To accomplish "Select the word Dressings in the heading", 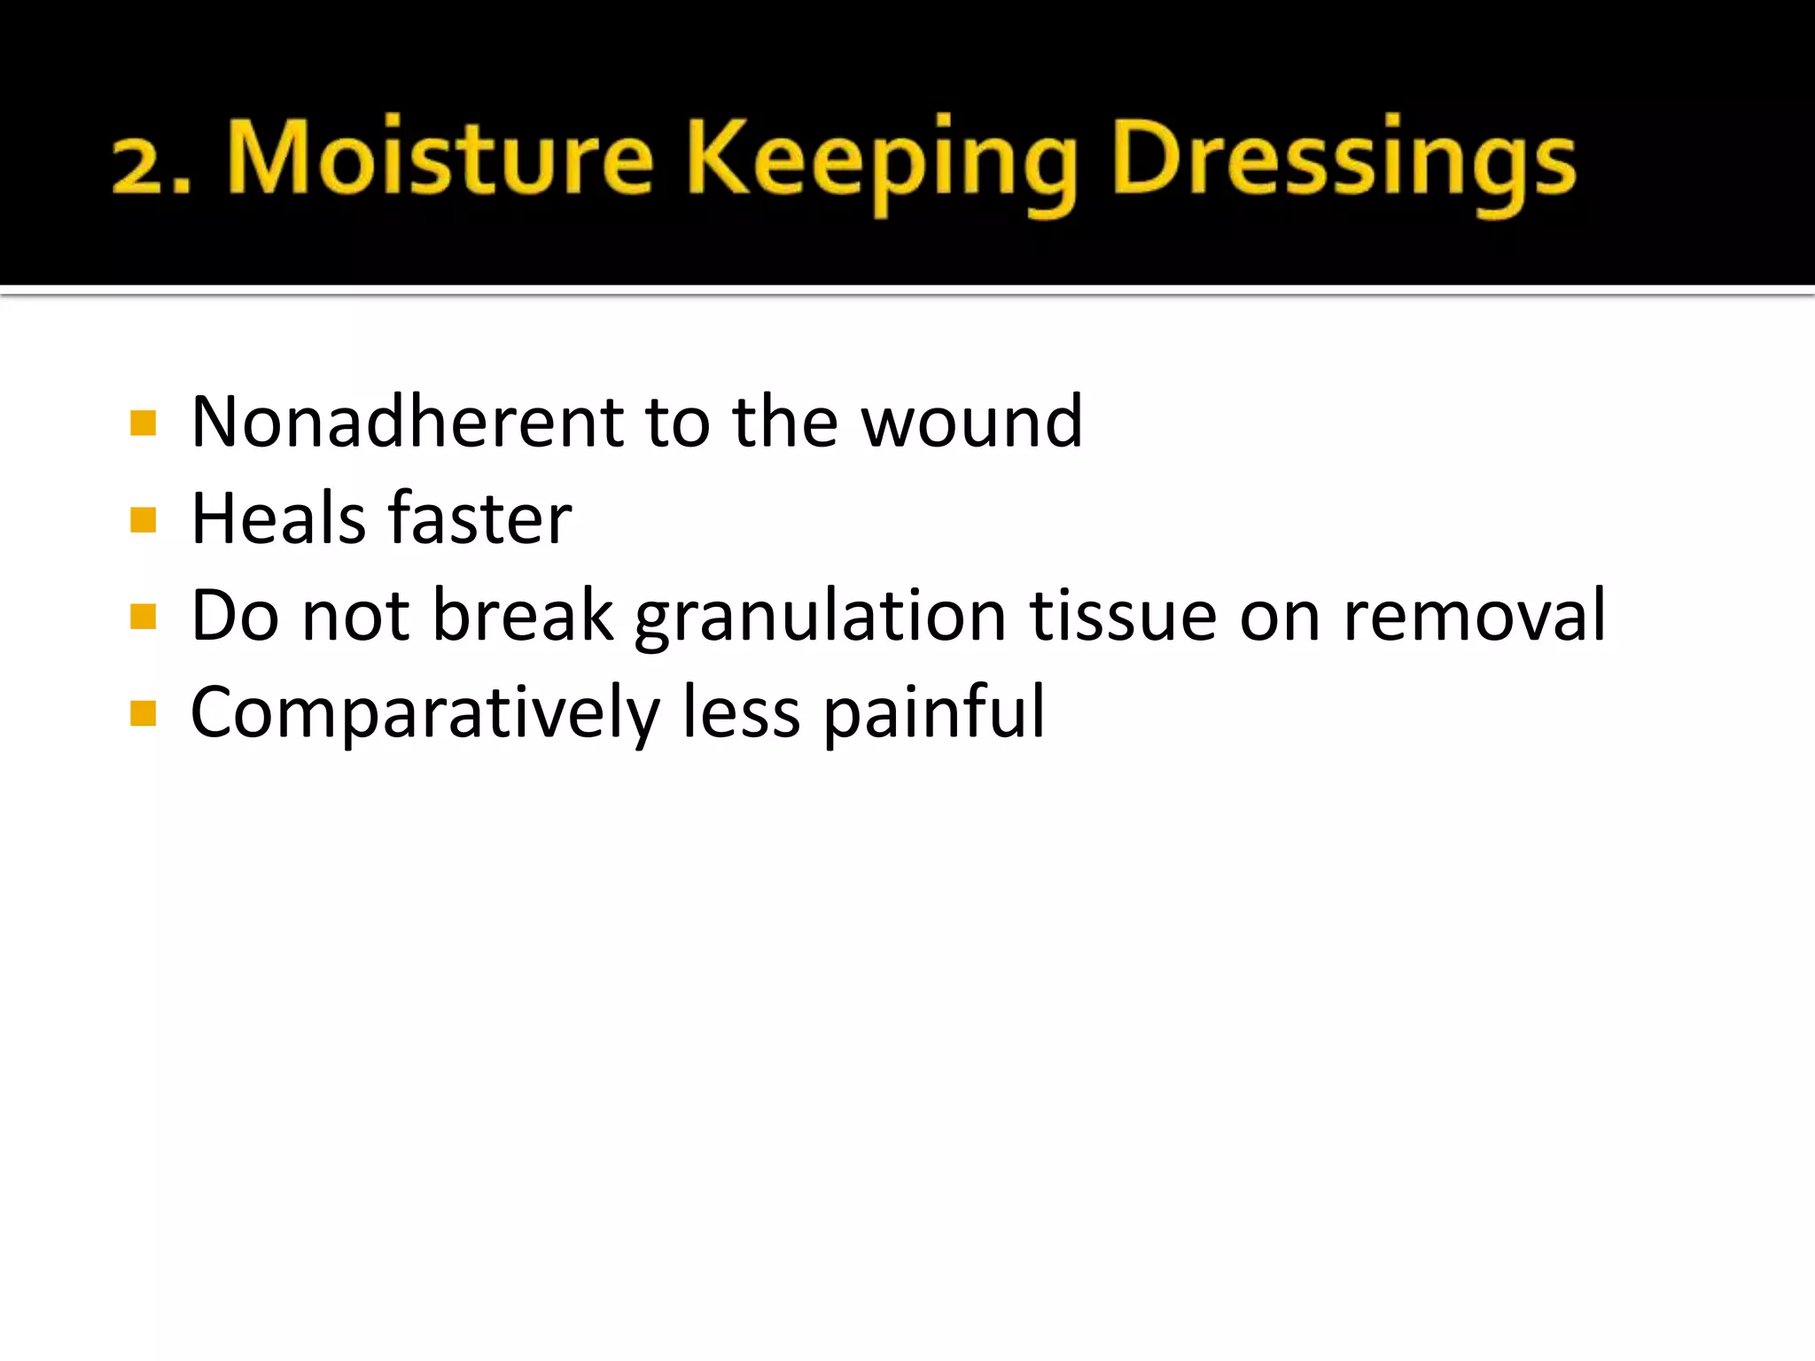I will click(1343, 164).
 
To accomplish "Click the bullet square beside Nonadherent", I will click(143, 423).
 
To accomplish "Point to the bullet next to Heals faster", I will click(143, 519).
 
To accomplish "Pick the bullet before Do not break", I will click(143, 616).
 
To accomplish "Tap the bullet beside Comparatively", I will click(143, 713).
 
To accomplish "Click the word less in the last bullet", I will click(741, 712).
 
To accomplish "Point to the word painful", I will click(934, 714).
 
